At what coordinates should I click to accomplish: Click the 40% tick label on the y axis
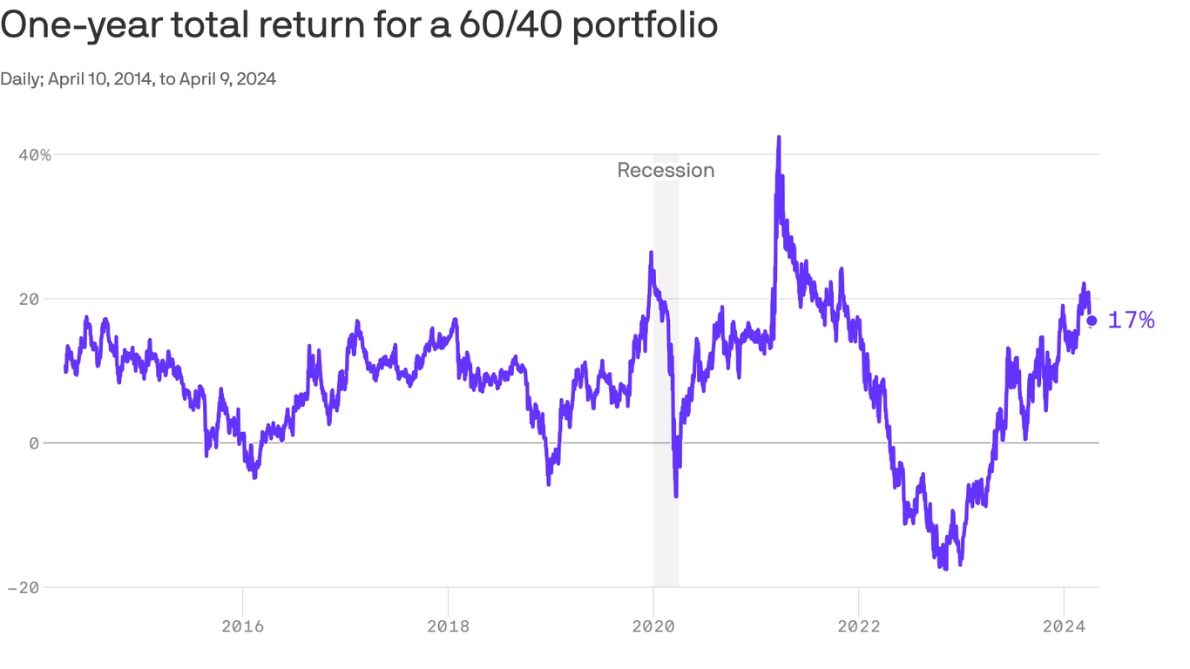click(35, 155)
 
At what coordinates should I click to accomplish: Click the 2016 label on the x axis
click(243, 625)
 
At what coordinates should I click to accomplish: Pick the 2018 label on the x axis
click(448, 625)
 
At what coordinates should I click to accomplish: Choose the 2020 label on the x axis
click(653, 625)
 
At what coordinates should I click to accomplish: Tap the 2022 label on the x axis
click(858, 625)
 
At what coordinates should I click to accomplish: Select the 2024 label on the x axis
click(1064, 625)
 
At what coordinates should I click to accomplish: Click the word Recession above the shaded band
click(666, 171)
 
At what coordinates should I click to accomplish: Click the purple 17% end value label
click(1131, 321)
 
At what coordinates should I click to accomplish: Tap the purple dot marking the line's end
click(1092, 321)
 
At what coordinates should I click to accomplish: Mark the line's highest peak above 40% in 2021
click(778, 138)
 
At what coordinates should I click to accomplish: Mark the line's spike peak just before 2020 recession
click(650, 253)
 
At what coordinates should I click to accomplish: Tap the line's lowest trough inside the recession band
click(676, 496)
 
